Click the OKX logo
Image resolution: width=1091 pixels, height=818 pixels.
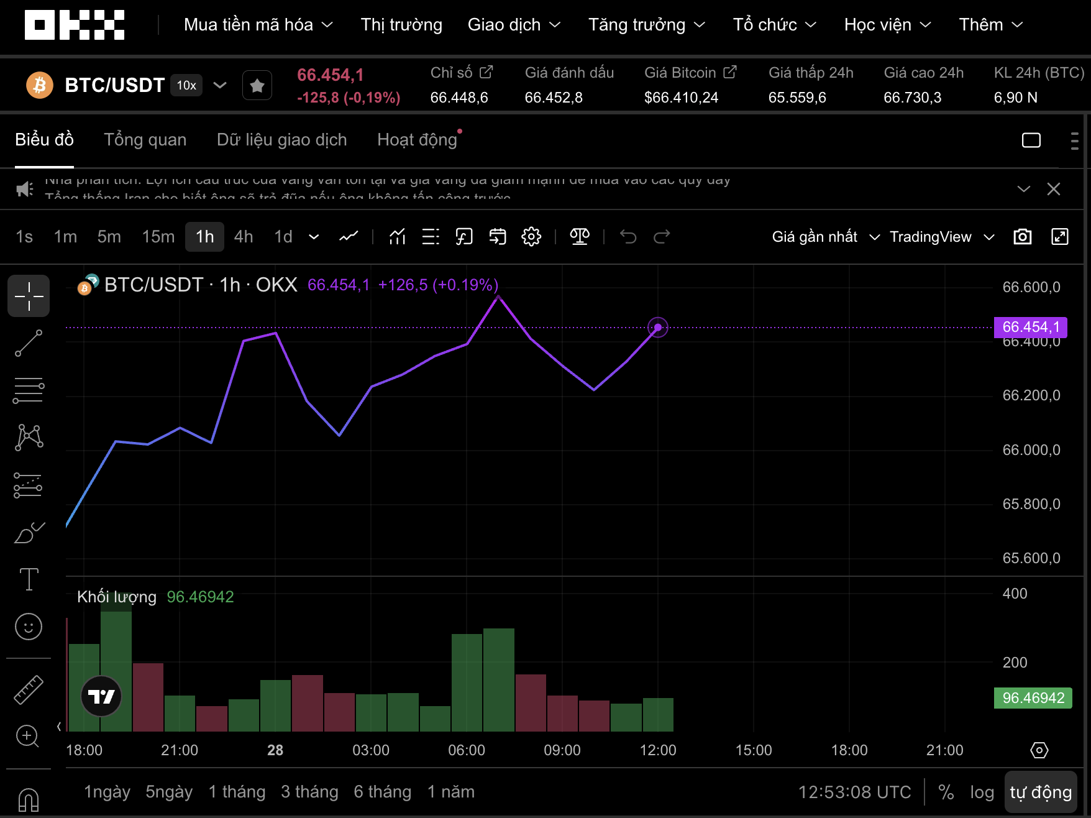(x=75, y=25)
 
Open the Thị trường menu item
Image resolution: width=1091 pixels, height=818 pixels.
(x=401, y=25)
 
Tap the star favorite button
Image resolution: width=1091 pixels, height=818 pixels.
(x=257, y=85)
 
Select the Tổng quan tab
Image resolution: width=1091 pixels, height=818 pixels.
(x=145, y=140)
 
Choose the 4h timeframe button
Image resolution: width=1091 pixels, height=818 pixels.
(x=244, y=237)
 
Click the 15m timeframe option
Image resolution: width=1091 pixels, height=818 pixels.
(x=158, y=237)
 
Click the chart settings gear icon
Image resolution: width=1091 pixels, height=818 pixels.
(x=531, y=237)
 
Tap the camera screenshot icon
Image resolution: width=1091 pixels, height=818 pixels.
(x=1023, y=237)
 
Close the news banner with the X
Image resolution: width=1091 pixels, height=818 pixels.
(x=1054, y=189)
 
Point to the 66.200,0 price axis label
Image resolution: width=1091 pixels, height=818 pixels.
(x=1031, y=395)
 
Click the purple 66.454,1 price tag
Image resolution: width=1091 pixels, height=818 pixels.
(x=1031, y=327)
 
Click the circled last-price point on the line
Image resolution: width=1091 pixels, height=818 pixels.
(x=658, y=327)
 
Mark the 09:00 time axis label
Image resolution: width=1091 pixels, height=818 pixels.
(x=562, y=750)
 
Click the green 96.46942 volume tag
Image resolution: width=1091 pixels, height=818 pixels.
(x=1033, y=698)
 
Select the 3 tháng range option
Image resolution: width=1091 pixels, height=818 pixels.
(x=309, y=792)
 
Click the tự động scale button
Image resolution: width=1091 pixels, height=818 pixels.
(x=1041, y=792)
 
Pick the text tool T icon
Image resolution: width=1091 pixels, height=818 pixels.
(x=29, y=579)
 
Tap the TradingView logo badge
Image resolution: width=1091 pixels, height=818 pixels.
(x=101, y=696)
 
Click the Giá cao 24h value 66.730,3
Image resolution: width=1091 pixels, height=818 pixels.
(x=912, y=98)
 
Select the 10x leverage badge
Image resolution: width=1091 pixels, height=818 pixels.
(x=186, y=85)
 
